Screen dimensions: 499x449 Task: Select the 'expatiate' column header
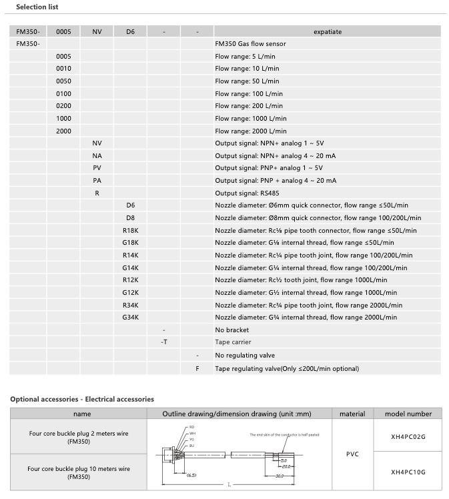327,31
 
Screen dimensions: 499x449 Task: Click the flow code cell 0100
63,93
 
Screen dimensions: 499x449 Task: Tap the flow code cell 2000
63,131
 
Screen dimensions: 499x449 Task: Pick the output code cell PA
97,180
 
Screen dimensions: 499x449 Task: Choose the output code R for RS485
97,193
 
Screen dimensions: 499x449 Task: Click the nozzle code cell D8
130,217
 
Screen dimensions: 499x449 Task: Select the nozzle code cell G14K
130,268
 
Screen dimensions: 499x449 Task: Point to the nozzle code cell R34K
130,305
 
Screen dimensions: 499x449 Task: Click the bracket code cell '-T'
163,342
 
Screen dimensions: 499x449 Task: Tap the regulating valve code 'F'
197,368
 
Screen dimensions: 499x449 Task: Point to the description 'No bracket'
232,330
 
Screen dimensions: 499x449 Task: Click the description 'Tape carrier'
234,342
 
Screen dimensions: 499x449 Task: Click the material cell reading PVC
352,453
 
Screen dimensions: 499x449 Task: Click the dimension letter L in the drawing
228,485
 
